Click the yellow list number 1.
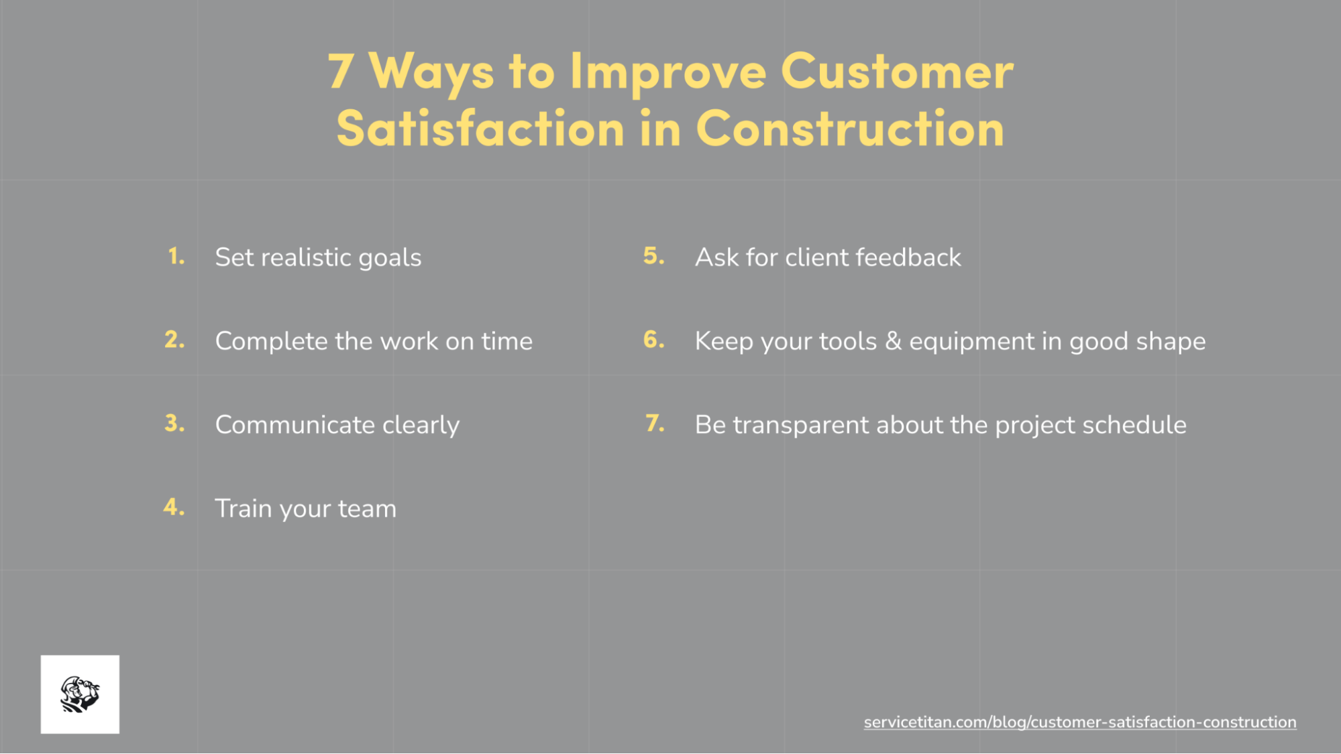pos(176,257)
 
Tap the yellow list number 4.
pos(174,507)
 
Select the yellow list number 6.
pos(653,340)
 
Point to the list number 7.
pos(655,424)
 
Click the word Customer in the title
pos(897,71)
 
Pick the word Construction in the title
pos(850,129)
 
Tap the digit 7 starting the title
pos(341,71)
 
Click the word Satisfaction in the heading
pos(480,129)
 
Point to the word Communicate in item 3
pos(294,425)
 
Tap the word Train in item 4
pos(243,508)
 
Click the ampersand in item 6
pos(893,341)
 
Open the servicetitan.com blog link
pos(1079,722)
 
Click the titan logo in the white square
pos(80,694)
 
